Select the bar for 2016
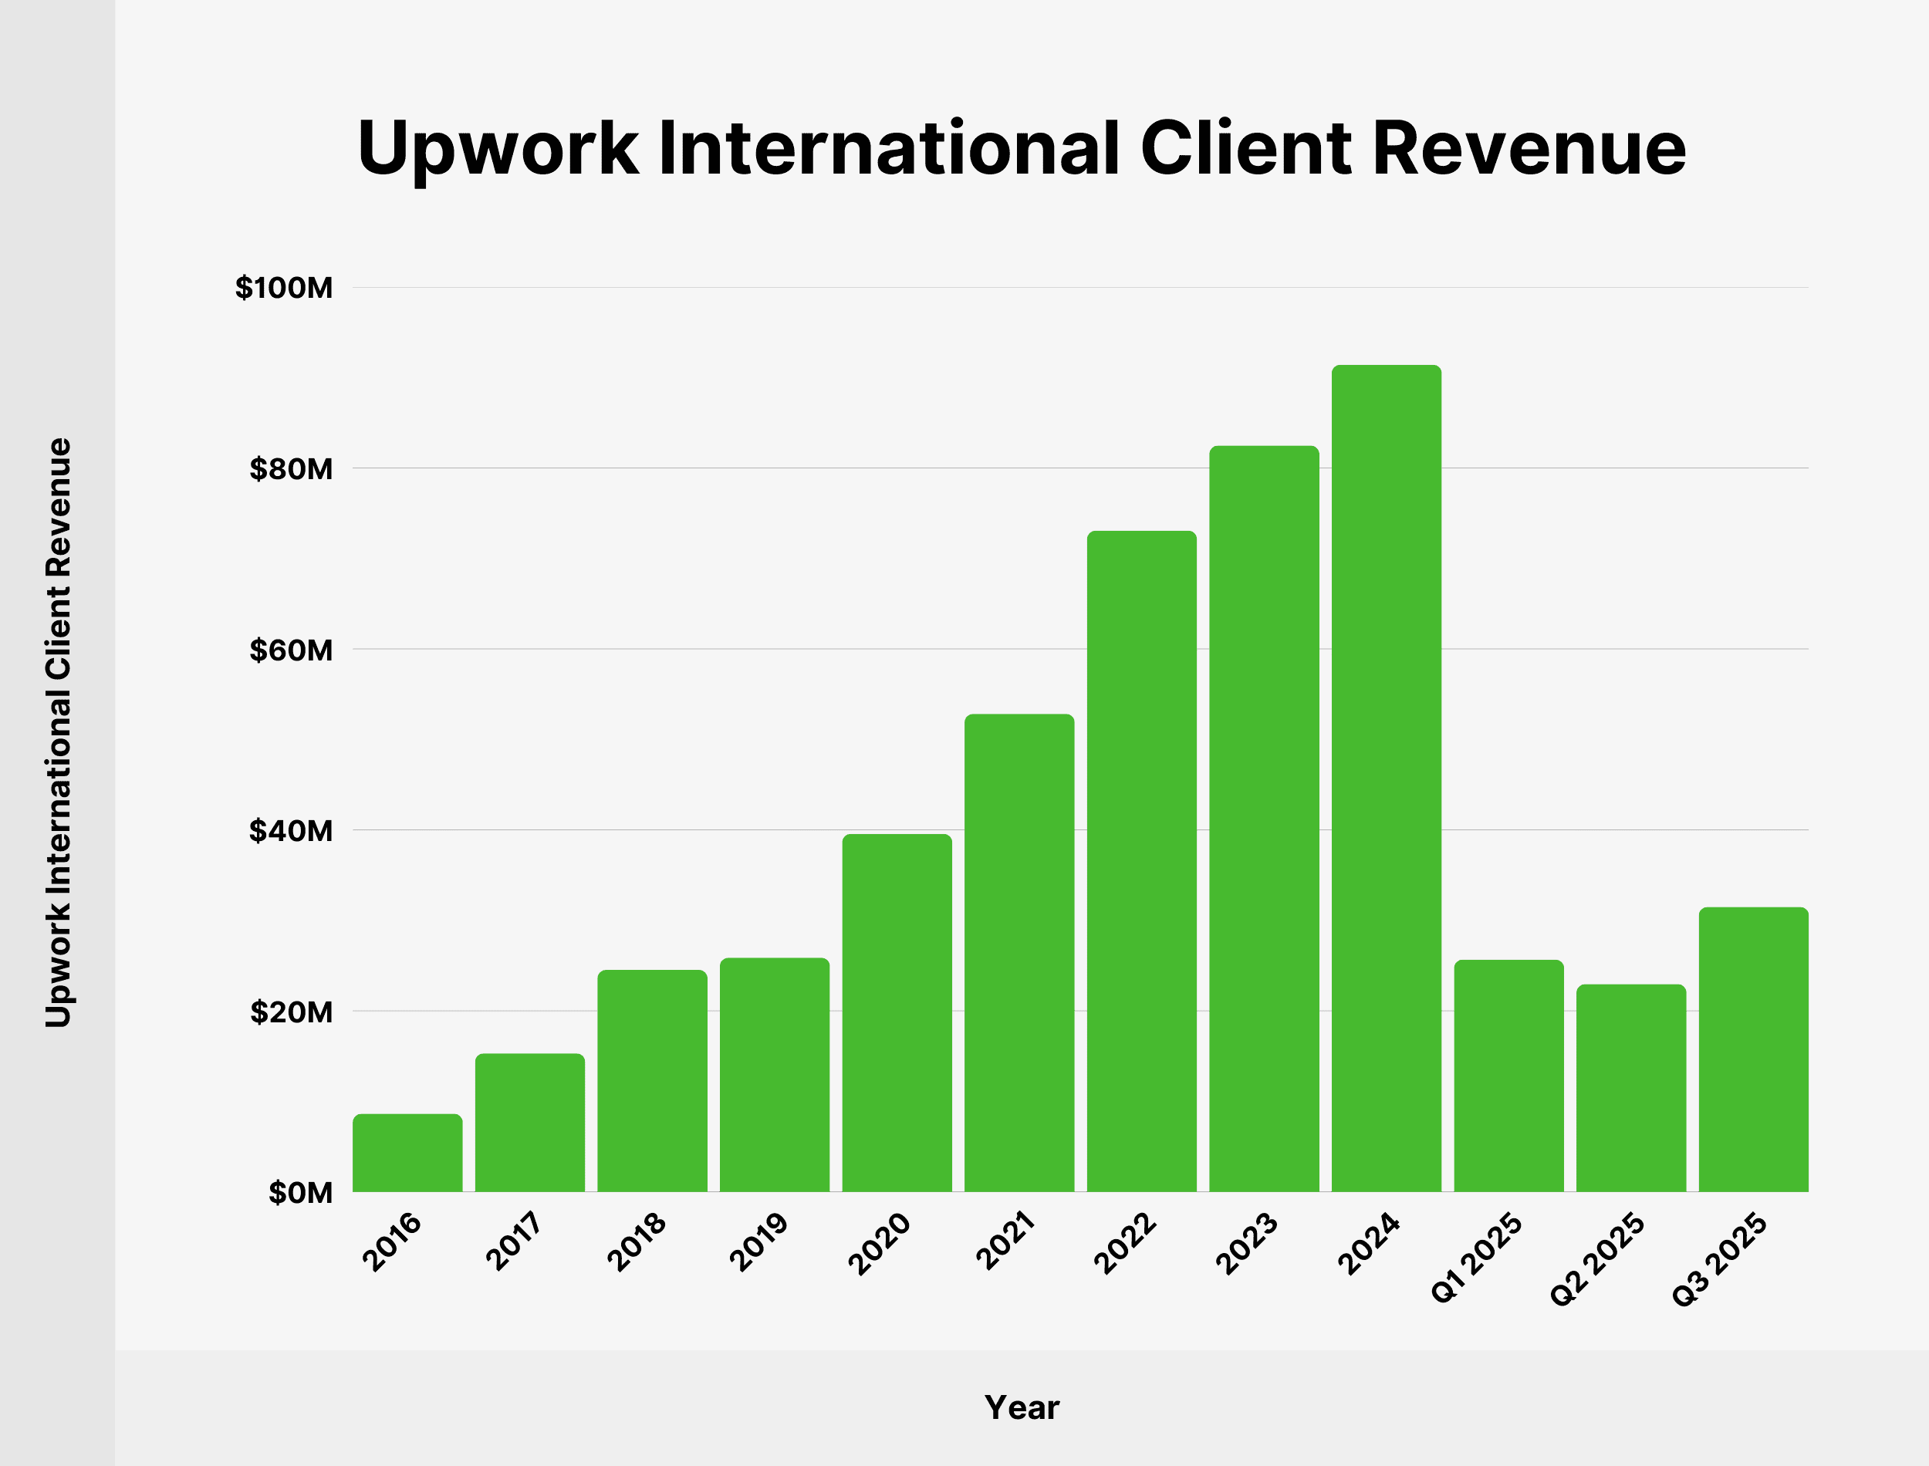(407, 1153)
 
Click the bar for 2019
(774, 1074)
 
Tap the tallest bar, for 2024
(1386, 779)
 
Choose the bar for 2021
(1019, 953)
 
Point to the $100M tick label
(283, 288)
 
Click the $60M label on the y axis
(291, 650)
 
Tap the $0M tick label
(300, 1192)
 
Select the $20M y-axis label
(291, 1012)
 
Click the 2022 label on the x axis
(1126, 1245)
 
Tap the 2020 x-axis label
(880, 1245)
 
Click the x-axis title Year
(1022, 1407)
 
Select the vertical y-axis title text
(59, 733)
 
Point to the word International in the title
(888, 148)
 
